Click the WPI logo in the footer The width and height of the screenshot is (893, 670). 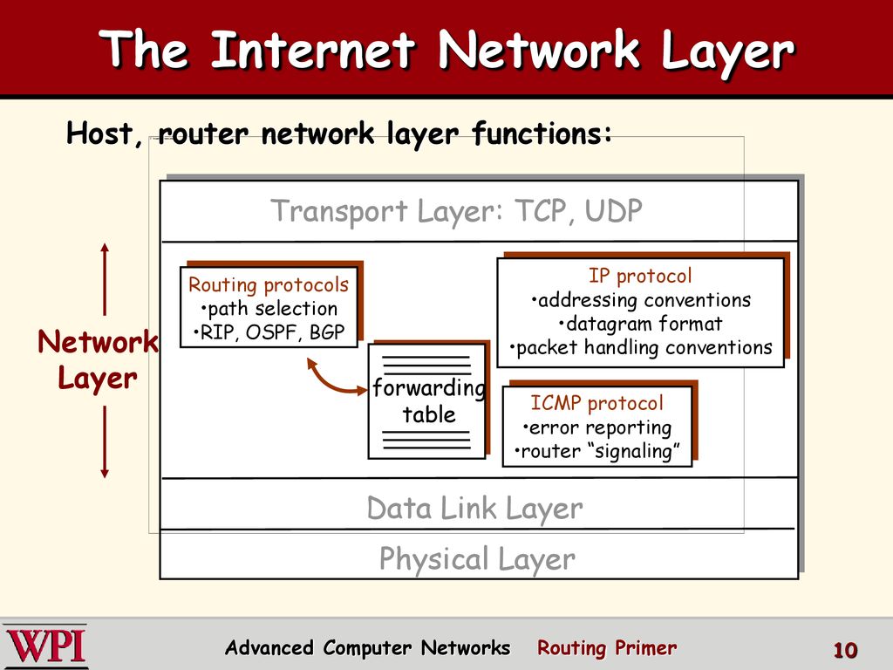(x=45, y=646)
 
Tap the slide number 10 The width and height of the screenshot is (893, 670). (x=845, y=650)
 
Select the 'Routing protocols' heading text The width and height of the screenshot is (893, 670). (x=269, y=284)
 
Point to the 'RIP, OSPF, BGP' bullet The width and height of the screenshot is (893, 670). (x=269, y=332)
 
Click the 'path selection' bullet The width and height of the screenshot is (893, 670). (x=269, y=308)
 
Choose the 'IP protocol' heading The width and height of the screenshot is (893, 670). (x=640, y=276)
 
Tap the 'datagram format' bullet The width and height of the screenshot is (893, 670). (x=640, y=324)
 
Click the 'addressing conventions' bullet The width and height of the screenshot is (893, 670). (x=641, y=300)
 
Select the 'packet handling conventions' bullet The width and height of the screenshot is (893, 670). (x=641, y=347)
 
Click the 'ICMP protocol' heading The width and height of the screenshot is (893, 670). (x=596, y=403)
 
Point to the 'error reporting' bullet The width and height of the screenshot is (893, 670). (x=596, y=427)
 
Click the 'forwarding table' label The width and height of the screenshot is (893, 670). (x=429, y=401)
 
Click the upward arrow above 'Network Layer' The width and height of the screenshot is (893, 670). (x=105, y=279)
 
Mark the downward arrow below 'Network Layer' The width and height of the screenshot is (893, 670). (x=105, y=441)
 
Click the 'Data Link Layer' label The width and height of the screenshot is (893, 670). (x=474, y=509)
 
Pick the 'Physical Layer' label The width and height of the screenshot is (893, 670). (x=477, y=559)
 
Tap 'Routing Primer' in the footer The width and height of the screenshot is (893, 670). (x=607, y=648)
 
